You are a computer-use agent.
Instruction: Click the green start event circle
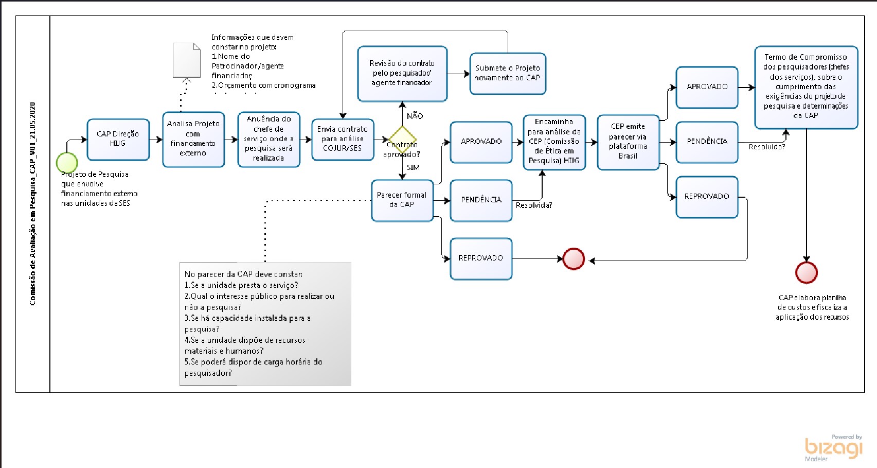67,163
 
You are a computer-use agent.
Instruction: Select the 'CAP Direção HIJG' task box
118,140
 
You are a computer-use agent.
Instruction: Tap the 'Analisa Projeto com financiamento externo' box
193,139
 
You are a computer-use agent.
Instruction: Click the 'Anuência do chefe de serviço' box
269,139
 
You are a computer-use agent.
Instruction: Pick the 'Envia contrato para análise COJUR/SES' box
343,139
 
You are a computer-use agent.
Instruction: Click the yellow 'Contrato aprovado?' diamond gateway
402,139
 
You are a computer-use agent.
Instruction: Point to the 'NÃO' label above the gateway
415,116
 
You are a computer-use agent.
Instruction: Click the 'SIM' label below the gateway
413,167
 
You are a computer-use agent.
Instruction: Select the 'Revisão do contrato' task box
402,73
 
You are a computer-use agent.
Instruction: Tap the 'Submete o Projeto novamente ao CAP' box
507,73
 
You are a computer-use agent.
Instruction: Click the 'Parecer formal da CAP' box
402,200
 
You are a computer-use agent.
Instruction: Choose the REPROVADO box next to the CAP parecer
480,258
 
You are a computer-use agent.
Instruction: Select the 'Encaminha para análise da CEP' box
554,142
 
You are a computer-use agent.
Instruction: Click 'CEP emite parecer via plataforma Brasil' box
628,142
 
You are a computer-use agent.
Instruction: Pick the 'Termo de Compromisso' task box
806,86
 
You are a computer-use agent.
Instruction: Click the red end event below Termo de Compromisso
806,273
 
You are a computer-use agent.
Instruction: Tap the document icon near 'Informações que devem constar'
186,60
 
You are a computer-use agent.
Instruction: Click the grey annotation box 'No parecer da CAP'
265,324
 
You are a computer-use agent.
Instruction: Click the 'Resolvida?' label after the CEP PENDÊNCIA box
766,147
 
